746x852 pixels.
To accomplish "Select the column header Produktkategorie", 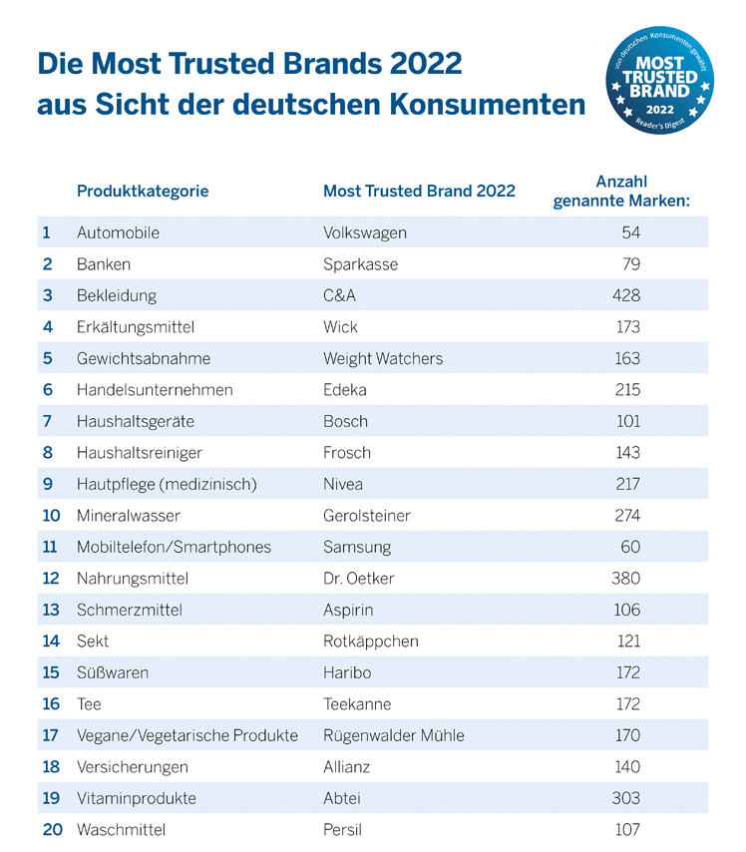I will pyautogui.click(x=143, y=191).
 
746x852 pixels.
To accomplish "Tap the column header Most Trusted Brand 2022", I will pyautogui.click(x=419, y=191).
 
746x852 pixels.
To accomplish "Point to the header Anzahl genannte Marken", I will pyautogui.click(x=621, y=191).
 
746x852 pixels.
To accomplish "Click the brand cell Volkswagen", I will pyautogui.click(x=365, y=232).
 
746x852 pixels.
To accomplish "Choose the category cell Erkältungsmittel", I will pyautogui.click(x=135, y=326).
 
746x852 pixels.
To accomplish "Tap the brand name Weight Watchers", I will pyautogui.click(x=383, y=358).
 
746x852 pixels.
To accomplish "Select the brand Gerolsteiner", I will pyautogui.click(x=367, y=516).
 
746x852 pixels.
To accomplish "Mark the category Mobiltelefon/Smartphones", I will pyautogui.click(x=174, y=547).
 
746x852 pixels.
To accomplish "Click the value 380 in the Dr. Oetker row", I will pyautogui.click(x=626, y=579).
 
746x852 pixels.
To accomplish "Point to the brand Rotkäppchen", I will pyautogui.click(x=371, y=641).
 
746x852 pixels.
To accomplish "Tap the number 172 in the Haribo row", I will pyautogui.click(x=627, y=672).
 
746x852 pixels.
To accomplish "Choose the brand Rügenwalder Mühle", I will pyautogui.click(x=394, y=735).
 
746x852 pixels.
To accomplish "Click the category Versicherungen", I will pyautogui.click(x=133, y=767).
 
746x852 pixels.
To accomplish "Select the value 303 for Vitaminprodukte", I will pyautogui.click(x=626, y=798).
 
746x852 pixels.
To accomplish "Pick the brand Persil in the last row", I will pyautogui.click(x=343, y=829).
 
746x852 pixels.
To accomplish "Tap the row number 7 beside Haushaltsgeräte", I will pyautogui.click(x=46, y=421).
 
